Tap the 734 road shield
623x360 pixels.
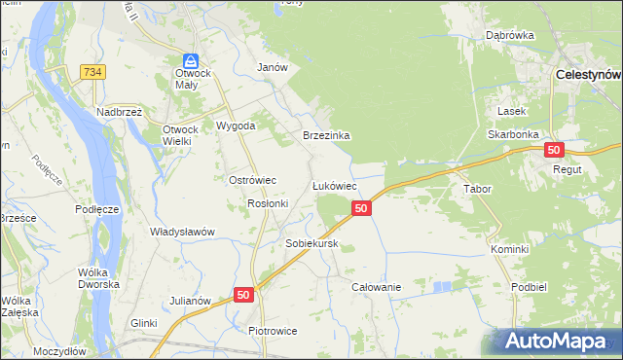tap(93, 72)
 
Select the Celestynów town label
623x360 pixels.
tap(588, 74)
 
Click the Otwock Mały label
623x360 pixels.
tap(193, 79)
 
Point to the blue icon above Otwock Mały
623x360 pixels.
tap(192, 60)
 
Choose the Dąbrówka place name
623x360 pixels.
tap(511, 36)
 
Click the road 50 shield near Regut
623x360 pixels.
tap(554, 150)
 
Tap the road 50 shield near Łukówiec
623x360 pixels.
tap(361, 208)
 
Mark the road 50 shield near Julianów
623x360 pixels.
tap(243, 294)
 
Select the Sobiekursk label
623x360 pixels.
tap(311, 243)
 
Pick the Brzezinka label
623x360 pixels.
tap(326, 136)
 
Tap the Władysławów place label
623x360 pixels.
tap(182, 232)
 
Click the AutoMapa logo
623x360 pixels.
tap(555, 341)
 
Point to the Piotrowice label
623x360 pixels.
tap(273, 331)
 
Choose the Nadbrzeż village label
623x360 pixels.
tap(120, 112)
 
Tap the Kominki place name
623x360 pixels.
tap(509, 249)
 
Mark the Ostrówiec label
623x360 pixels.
tap(253, 180)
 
